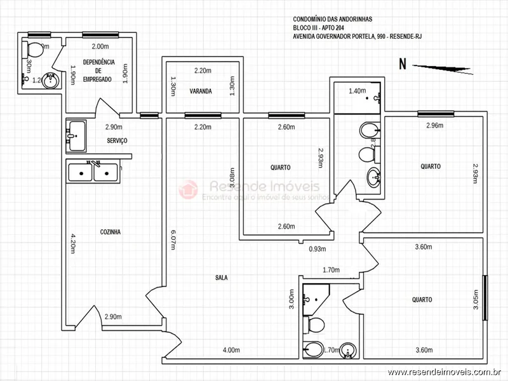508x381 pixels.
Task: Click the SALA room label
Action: click(222, 277)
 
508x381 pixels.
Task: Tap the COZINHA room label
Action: click(110, 232)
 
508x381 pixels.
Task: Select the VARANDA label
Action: click(200, 91)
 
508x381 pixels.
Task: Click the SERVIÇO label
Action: click(117, 140)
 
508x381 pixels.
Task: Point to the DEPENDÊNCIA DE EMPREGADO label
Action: click(98, 70)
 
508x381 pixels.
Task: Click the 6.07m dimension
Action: click(173, 239)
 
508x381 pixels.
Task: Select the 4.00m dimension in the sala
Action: click(231, 350)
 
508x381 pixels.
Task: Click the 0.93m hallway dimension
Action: click(317, 249)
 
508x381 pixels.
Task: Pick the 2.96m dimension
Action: click(435, 125)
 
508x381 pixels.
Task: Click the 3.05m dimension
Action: click(476, 298)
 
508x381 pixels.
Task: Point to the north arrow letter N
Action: click(402, 63)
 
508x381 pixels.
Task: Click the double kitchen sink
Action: click(93, 171)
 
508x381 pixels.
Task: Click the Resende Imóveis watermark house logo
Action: click(188, 189)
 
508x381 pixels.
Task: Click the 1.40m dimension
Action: click(358, 91)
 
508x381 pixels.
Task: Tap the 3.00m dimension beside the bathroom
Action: click(291, 299)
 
